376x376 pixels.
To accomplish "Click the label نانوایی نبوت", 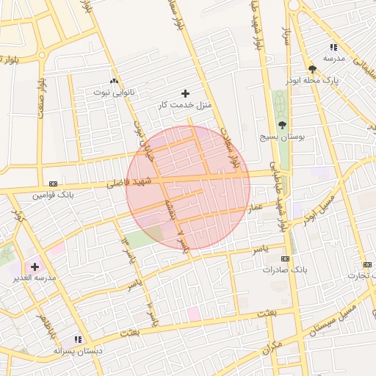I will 112,93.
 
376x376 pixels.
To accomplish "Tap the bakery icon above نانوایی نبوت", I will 112,81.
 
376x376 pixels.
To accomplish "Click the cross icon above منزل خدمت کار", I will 184,93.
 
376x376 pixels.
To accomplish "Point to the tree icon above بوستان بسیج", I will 282,125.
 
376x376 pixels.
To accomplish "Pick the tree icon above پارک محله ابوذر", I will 312,69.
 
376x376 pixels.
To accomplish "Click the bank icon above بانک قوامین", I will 53,184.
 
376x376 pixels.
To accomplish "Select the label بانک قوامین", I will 53,195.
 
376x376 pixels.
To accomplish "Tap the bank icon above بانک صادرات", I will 285,258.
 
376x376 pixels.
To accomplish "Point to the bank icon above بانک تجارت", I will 366,264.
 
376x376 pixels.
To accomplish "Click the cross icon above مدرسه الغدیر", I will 35,266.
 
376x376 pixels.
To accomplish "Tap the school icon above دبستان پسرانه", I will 77,339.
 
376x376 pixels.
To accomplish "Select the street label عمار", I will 255,209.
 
